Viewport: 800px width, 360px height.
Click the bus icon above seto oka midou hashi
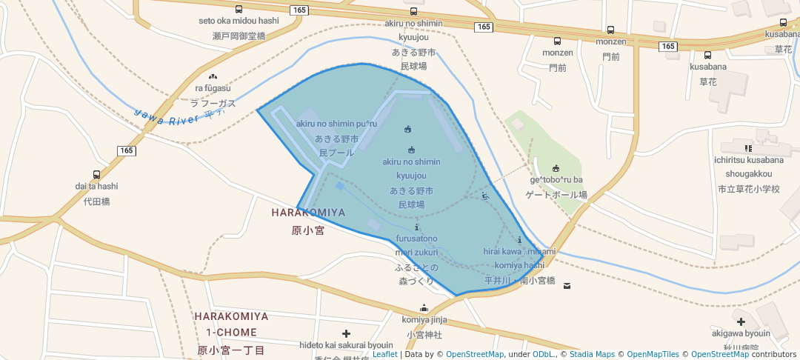pyautogui.click(x=239, y=10)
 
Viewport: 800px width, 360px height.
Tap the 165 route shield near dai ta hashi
pyautogui.click(x=125, y=150)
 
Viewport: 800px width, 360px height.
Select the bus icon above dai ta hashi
pyautogui.click(x=96, y=176)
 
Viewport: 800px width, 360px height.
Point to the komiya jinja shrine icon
pyautogui.click(x=424, y=308)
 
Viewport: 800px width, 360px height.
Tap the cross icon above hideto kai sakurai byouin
pyautogui.click(x=346, y=334)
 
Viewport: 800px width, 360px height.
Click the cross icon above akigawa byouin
pyautogui.click(x=741, y=321)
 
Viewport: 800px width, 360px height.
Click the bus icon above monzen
pyautogui.click(x=557, y=41)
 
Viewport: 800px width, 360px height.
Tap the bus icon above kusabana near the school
pyautogui.click(x=707, y=55)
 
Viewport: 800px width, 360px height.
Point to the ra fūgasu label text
pyautogui.click(x=213, y=88)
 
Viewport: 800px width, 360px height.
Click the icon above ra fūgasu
pyautogui.click(x=213, y=76)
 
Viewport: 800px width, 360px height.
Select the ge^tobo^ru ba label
pyautogui.click(x=556, y=180)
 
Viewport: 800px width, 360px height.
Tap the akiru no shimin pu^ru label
pyautogui.click(x=337, y=124)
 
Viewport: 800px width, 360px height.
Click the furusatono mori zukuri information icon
pyautogui.click(x=417, y=227)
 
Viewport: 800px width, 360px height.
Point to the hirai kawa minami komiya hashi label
pyautogui.click(x=519, y=259)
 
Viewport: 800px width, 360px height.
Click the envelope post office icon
pyautogui.click(x=567, y=285)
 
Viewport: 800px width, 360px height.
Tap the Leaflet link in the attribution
pyautogui.click(x=384, y=354)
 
